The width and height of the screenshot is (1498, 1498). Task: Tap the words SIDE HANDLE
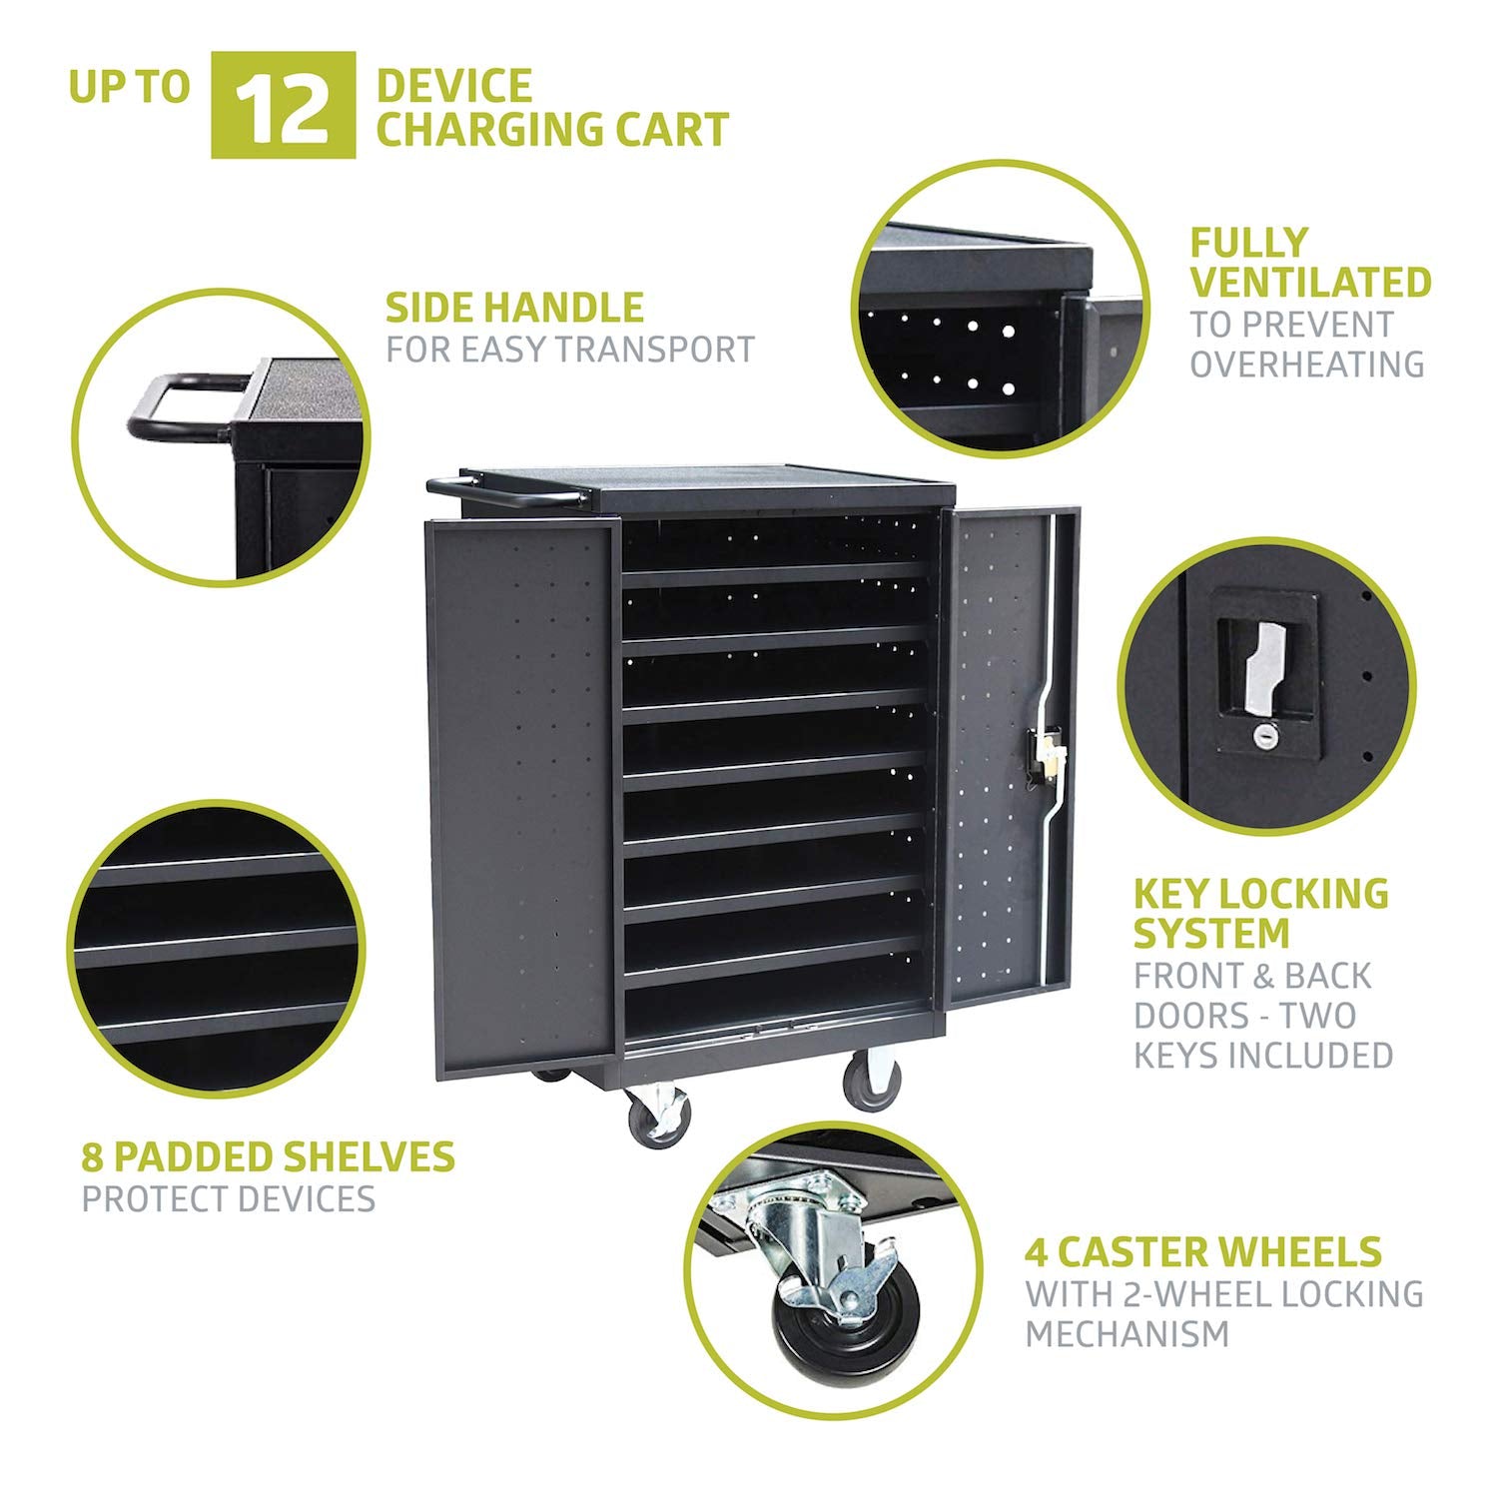click(x=514, y=308)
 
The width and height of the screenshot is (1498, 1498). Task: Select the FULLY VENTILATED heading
click(x=1310, y=263)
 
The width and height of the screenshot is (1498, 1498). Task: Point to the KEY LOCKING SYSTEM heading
click(x=1260, y=914)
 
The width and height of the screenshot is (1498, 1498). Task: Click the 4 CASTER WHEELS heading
click(x=1203, y=1251)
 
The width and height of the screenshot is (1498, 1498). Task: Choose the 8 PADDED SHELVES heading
click(x=268, y=1156)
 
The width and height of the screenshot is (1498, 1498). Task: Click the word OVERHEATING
click(x=1306, y=365)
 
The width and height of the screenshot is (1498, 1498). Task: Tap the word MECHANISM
click(x=1126, y=1333)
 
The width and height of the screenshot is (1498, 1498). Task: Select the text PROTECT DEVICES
click(x=229, y=1198)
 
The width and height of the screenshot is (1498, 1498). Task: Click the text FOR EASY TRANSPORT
click(x=570, y=350)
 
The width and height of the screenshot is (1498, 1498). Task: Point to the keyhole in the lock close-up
click(x=1264, y=735)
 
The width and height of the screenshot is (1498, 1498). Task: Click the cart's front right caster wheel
click(x=872, y=1082)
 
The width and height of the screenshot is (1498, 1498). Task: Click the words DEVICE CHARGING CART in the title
click(x=552, y=108)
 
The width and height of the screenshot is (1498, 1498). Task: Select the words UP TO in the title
click(x=129, y=87)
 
